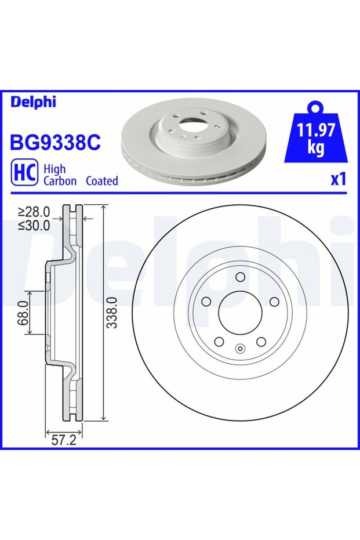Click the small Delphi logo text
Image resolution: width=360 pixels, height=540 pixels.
coord(33,102)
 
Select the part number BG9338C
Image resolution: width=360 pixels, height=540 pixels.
coord(56,142)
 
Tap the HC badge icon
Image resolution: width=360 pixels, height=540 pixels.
coord(24,172)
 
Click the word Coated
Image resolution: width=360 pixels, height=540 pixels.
coord(102,181)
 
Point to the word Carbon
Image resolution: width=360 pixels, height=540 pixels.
coord(60,181)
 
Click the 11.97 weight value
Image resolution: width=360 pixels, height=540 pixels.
coord(316,131)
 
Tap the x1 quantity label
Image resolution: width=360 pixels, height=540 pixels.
coord(338,179)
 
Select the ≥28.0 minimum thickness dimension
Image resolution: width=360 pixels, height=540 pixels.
coord(34,211)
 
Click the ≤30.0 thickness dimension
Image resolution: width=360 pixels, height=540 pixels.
coord(34,225)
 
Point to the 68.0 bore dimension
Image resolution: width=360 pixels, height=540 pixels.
coord(23,313)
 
